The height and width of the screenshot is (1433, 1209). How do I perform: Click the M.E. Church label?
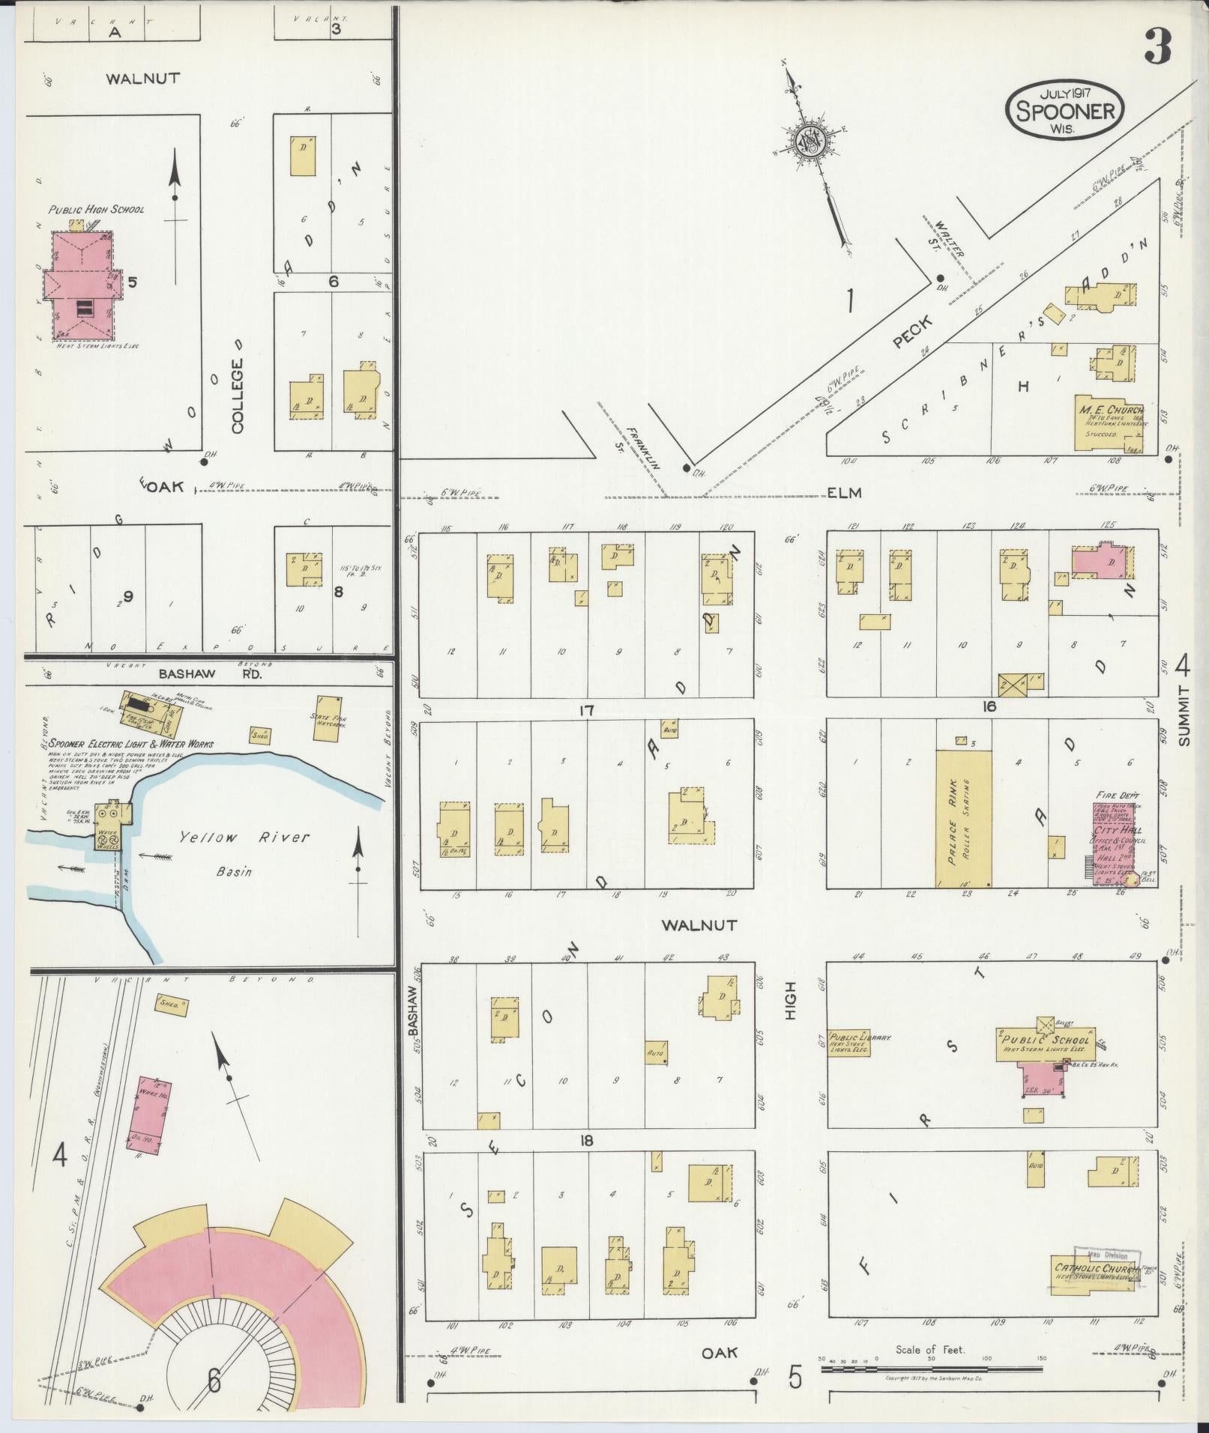[1112, 410]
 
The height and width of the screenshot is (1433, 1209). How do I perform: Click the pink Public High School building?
[81, 285]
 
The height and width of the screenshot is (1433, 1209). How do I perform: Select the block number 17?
[586, 710]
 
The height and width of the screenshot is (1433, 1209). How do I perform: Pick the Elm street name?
[844, 493]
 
